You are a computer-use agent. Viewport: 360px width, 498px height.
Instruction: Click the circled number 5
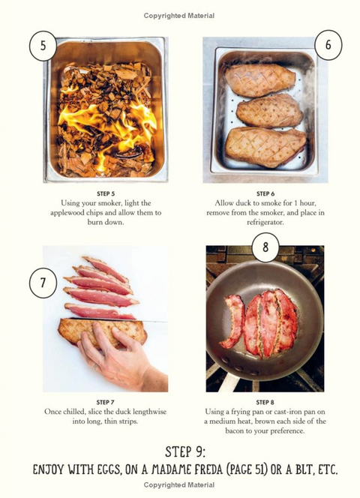click(x=43, y=46)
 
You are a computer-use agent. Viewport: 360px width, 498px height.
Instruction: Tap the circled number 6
click(x=328, y=45)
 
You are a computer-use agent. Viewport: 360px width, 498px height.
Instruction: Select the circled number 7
click(x=43, y=283)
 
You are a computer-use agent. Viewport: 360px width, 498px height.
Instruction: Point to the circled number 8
click(x=265, y=247)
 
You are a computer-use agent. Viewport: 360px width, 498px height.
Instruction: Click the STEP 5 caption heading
click(x=106, y=193)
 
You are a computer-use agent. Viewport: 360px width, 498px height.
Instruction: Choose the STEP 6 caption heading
click(x=265, y=193)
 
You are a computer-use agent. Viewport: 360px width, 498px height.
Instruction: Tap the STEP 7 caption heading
click(x=105, y=403)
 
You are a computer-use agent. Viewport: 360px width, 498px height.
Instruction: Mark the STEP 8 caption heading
click(x=265, y=403)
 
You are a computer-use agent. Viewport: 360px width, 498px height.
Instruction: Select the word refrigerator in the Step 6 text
click(x=265, y=223)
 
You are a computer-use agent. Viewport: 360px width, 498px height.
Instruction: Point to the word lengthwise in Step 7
click(x=149, y=412)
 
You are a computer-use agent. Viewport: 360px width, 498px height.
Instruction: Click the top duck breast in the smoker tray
click(x=260, y=80)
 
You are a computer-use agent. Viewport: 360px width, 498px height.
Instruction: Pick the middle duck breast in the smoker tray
click(x=269, y=111)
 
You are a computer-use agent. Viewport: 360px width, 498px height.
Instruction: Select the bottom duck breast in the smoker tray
click(x=265, y=147)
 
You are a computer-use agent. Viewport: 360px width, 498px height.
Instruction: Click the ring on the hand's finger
click(x=95, y=367)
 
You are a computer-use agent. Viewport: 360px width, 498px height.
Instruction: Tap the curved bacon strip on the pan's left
click(x=233, y=322)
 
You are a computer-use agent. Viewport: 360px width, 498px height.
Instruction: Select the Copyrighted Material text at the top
click(x=179, y=16)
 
